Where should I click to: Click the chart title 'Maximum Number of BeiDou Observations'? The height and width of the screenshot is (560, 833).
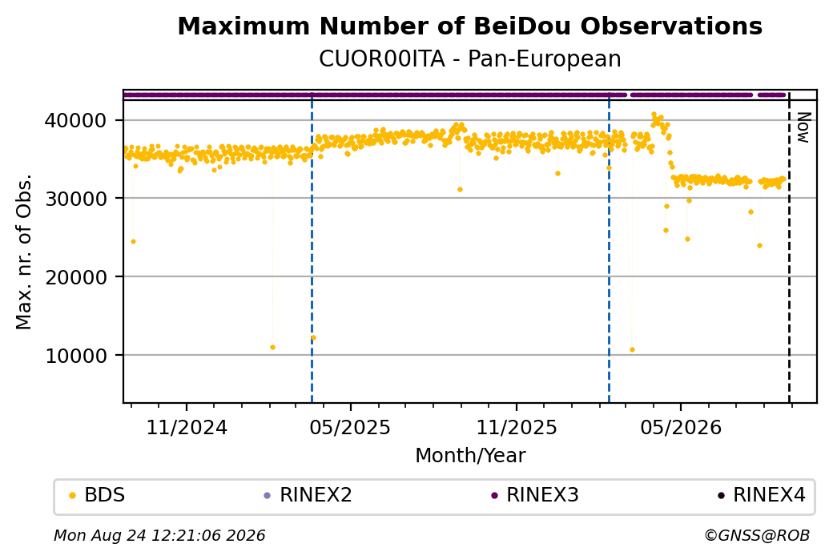[x=469, y=26]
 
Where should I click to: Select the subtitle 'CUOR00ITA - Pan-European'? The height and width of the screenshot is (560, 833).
[x=469, y=59]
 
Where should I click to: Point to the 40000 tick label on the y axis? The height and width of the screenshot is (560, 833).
[x=75, y=121]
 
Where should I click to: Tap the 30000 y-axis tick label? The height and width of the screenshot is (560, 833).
[x=75, y=199]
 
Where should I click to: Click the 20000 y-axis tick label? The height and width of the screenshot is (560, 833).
[x=75, y=277]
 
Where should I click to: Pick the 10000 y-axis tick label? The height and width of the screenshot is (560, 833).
[x=75, y=356]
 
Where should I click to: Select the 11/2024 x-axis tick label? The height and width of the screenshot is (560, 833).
[x=187, y=427]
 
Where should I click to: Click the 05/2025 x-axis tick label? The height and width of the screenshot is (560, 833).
[x=350, y=427]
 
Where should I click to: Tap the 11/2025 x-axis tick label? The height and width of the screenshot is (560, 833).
[x=517, y=427]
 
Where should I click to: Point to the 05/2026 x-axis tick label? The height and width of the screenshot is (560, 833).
[x=681, y=427]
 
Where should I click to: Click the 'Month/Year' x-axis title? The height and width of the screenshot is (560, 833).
[x=470, y=455]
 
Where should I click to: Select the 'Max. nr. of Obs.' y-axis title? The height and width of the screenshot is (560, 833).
[x=24, y=252]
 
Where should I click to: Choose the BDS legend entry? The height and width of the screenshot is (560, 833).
[x=97, y=495]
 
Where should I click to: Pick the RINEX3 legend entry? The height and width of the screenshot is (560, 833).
[x=535, y=495]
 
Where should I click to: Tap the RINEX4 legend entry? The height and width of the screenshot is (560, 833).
[x=762, y=495]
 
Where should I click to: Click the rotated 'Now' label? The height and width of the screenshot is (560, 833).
[x=803, y=127]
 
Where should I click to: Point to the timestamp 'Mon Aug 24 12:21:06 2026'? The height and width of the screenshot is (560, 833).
[x=159, y=535]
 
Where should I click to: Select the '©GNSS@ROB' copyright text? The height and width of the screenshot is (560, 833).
[x=757, y=535]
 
